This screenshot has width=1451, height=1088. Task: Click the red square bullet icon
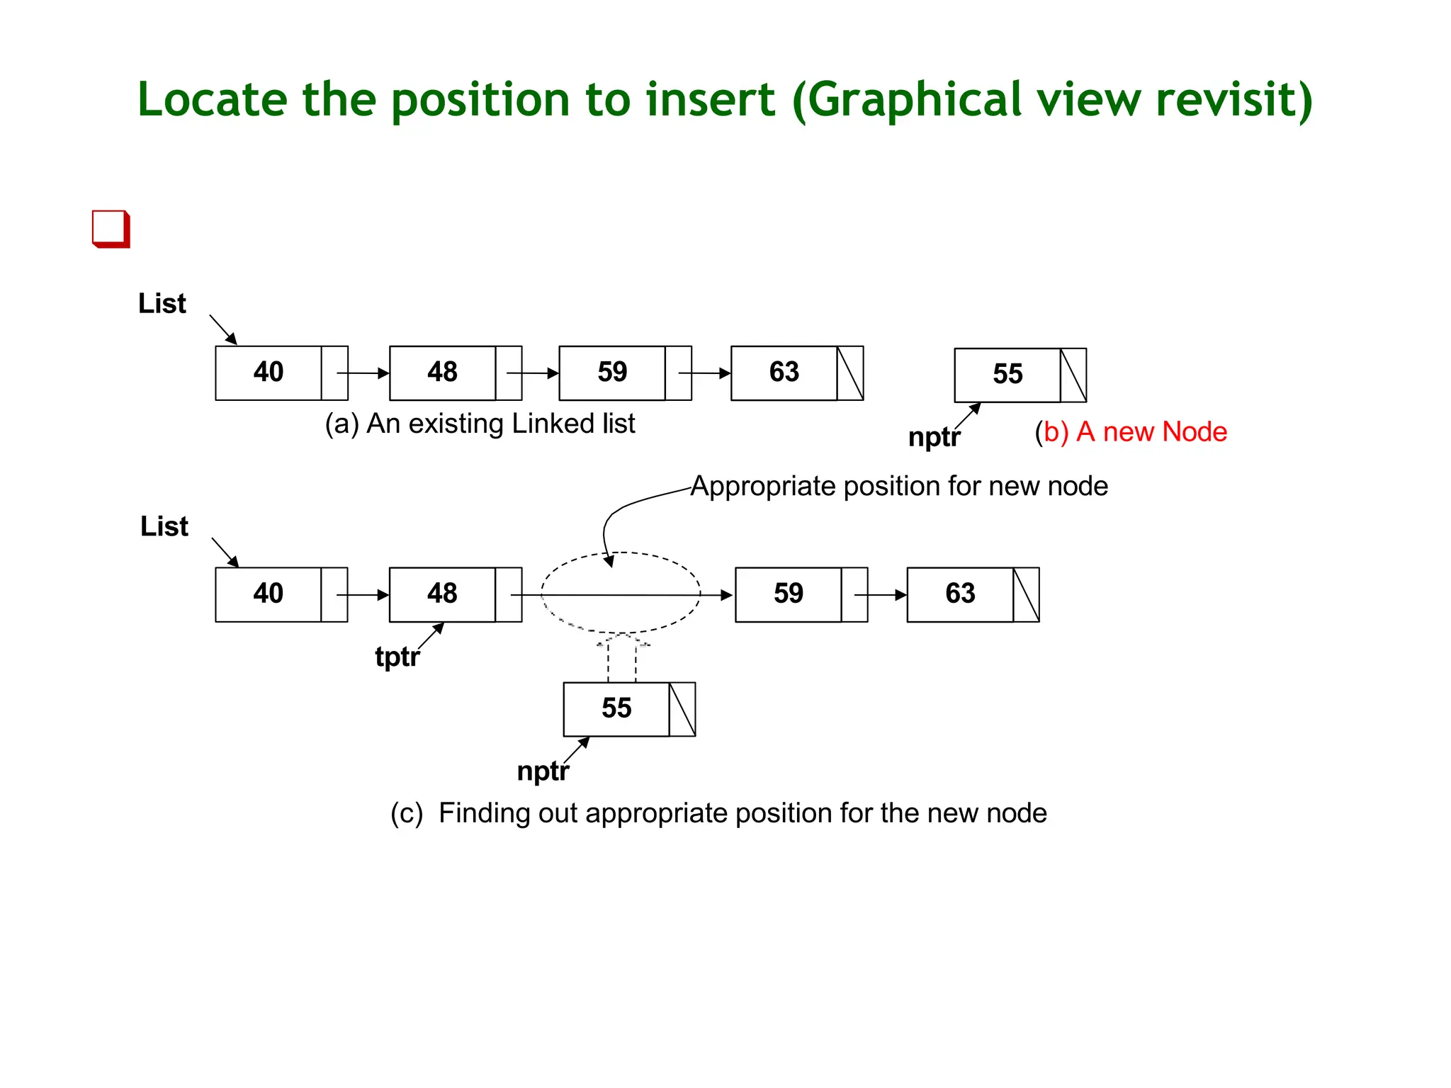point(111,229)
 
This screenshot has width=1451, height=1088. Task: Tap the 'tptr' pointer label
point(397,657)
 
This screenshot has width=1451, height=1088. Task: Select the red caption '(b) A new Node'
point(1131,431)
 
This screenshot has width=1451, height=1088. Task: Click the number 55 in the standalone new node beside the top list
point(1007,374)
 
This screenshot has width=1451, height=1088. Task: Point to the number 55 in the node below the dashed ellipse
point(616,708)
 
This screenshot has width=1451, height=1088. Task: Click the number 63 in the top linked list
point(784,373)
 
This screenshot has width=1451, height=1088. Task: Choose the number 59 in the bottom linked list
point(788,594)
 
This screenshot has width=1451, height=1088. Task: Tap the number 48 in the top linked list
point(442,373)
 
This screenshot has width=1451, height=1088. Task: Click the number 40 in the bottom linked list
point(269,594)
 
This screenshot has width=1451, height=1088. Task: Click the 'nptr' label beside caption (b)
point(934,437)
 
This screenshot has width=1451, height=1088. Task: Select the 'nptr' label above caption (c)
point(543,771)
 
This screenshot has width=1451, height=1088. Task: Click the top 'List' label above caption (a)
point(162,304)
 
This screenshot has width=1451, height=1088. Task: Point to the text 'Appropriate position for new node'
point(899,487)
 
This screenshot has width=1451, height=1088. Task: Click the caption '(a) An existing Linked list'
point(480,424)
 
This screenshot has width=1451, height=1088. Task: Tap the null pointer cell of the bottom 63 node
point(1026,594)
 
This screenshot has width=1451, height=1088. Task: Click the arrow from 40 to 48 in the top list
point(363,373)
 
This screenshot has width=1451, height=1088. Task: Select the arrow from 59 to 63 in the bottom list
point(881,595)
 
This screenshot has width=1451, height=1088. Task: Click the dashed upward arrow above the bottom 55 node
point(622,659)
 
